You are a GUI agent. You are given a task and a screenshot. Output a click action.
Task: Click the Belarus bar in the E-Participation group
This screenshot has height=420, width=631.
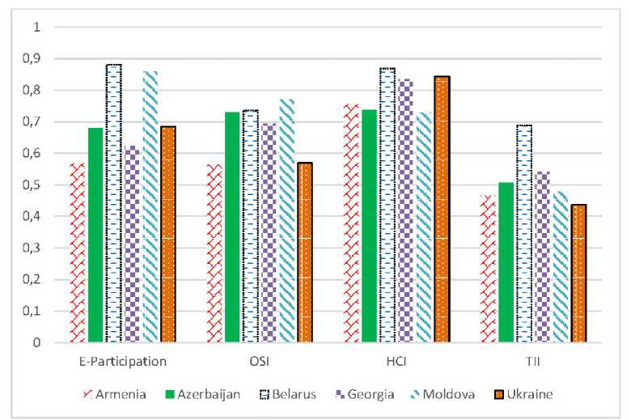[x=113, y=202]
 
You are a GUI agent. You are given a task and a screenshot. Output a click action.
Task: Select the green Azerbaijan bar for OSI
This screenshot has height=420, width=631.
[x=232, y=227]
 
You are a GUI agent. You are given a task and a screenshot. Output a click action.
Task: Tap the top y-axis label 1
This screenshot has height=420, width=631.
[x=36, y=28]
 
